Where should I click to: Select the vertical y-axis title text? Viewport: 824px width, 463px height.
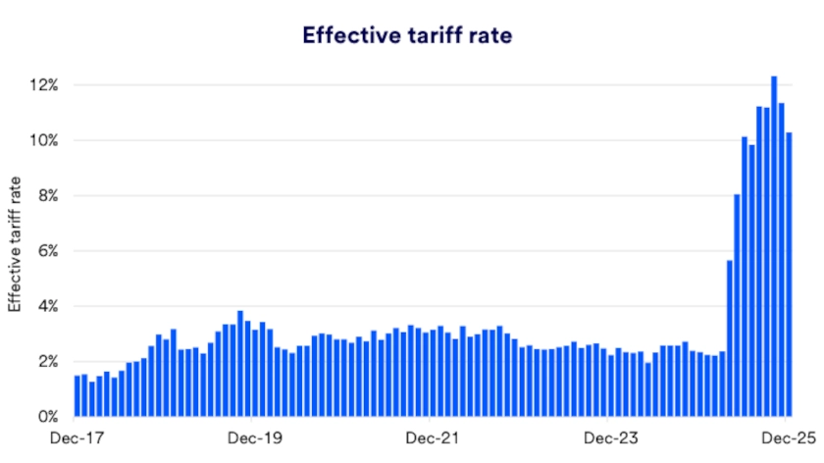[16, 243]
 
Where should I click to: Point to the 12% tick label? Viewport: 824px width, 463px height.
[44, 85]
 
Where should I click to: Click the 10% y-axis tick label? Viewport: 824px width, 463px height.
[44, 140]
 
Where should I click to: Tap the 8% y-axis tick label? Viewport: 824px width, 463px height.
[47, 196]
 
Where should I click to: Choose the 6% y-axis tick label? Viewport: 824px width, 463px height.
[47, 251]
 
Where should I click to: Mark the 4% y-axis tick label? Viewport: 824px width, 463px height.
[47, 306]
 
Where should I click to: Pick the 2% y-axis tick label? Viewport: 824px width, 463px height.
[47, 362]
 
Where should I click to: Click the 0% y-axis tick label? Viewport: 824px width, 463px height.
[47, 417]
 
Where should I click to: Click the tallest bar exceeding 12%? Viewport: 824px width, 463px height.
[774, 246]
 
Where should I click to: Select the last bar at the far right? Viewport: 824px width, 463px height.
[789, 275]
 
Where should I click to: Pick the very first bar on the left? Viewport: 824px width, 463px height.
[77, 396]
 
